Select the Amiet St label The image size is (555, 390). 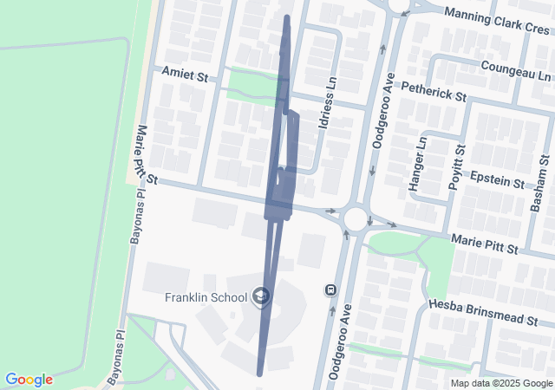pos(186,77)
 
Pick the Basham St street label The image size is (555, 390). pos(540,183)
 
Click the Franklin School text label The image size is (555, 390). pos(206,297)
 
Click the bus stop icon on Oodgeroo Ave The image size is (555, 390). pos(330,289)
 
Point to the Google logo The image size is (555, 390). pos(29,380)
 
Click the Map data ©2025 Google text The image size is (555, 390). pos(501,383)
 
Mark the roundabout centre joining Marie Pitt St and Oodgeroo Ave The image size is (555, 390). pos(356,218)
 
